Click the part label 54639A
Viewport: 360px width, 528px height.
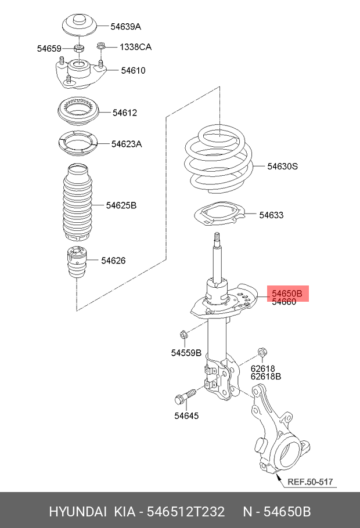(x=126, y=27)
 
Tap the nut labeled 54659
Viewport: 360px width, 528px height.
(x=79, y=48)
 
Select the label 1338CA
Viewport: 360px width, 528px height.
(x=136, y=46)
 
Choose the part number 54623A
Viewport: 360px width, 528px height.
(x=127, y=143)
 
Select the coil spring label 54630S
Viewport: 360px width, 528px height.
(x=282, y=167)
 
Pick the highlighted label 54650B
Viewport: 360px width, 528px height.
(x=287, y=294)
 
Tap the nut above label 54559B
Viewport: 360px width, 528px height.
(x=183, y=334)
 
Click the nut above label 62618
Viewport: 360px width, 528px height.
(x=261, y=352)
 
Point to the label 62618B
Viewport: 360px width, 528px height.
(x=266, y=376)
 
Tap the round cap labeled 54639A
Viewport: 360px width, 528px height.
(x=78, y=25)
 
